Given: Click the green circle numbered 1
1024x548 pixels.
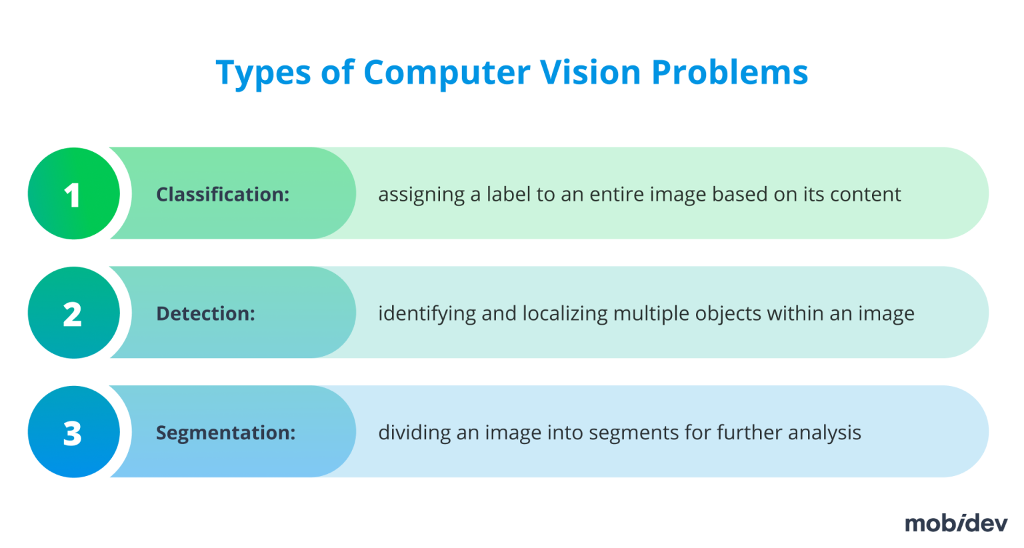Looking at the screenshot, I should [73, 193].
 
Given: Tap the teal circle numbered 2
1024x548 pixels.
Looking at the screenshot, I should [73, 313].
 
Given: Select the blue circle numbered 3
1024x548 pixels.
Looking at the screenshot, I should [73, 432].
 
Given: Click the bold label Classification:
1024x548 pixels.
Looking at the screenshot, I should [223, 194].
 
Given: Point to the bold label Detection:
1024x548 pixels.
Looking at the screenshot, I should [205, 313].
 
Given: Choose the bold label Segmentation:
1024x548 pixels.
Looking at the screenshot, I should [225, 433].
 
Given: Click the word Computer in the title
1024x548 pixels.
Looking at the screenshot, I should [447, 72].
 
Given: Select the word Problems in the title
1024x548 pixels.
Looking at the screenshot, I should [729, 72].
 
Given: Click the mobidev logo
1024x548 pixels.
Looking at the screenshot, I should [955, 523].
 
